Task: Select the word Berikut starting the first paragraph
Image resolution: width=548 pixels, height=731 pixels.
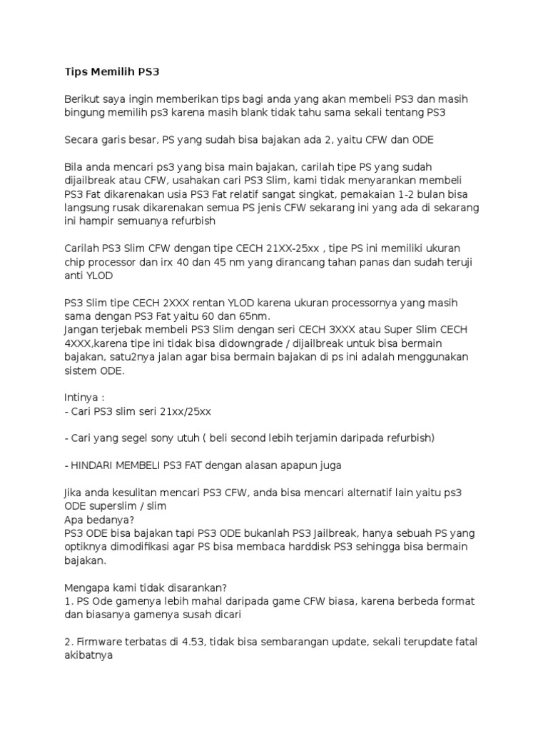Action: (83, 99)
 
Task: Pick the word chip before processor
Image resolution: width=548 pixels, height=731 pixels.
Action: (76, 263)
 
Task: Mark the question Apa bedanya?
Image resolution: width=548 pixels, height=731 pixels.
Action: (93, 520)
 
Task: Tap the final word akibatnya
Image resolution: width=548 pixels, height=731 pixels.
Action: (93, 655)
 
